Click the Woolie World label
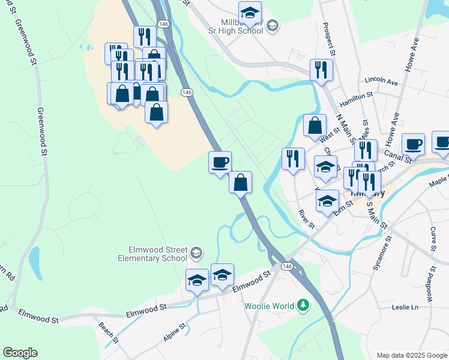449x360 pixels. pyautogui.click(x=270, y=306)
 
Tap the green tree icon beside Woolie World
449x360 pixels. pyautogui.click(x=304, y=306)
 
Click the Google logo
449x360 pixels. pyautogui.click(x=20, y=353)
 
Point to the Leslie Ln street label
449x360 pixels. pyautogui.click(x=404, y=307)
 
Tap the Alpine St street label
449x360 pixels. pyautogui.click(x=175, y=332)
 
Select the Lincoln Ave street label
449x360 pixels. pyautogui.click(x=381, y=81)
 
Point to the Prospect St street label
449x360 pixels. pyautogui.click(x=329, y=40)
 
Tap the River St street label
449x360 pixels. pyautogui.click(x=307, y=219)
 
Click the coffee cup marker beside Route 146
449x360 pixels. pyautogui.click(x=220, y=162)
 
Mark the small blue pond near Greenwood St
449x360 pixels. pyautogui.click(x=34, y=263)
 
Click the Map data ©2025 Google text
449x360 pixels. pyautogui.click(x=411, y=355)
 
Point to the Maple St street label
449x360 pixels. pyautogui.click(x=438, y=181)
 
